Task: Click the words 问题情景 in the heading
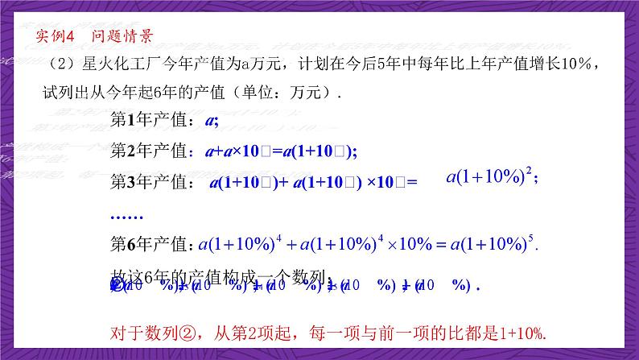click(122, 36)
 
